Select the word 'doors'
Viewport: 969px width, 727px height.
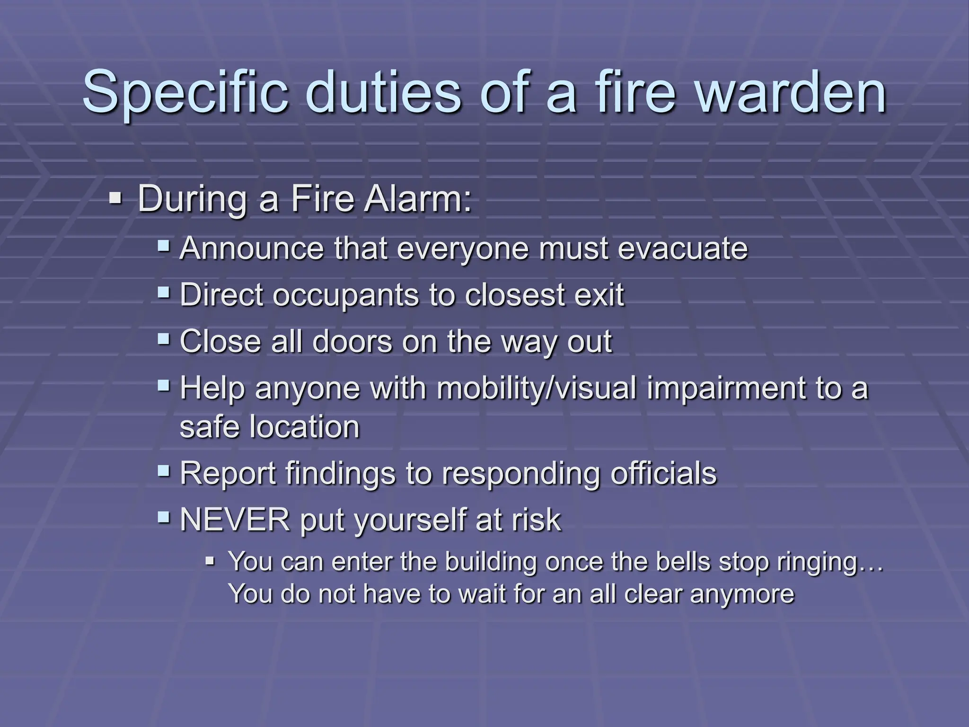pos(352,341)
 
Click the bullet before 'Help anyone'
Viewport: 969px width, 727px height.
pos(164,385)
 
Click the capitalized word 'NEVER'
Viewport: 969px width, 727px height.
pos(235,520)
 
